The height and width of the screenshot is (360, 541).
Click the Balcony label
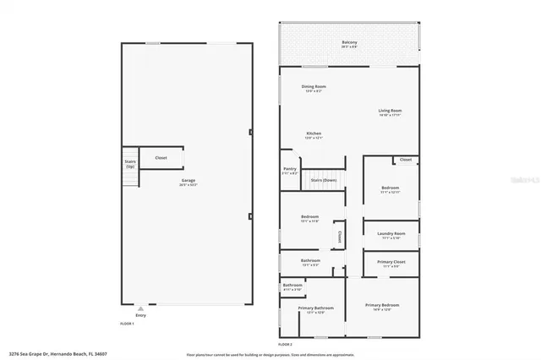pos(348,42)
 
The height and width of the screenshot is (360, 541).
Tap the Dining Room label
pos(314,86)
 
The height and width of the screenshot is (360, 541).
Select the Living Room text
pos(389,111)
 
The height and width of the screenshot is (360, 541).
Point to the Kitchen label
pos(314,134)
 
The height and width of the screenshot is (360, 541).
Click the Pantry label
pos(289,169)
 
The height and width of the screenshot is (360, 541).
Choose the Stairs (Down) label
pos(323,180)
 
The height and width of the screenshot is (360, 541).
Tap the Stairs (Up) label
pos(130,162)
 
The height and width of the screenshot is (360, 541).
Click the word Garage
pos(187,181)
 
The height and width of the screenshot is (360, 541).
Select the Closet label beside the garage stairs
pos(160,157)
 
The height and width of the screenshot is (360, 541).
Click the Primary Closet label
pos(390,263)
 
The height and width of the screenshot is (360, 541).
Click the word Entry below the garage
pos(140,315)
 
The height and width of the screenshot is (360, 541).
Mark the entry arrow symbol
pos(140,308)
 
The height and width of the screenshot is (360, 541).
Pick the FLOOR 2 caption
pos(285,346)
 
